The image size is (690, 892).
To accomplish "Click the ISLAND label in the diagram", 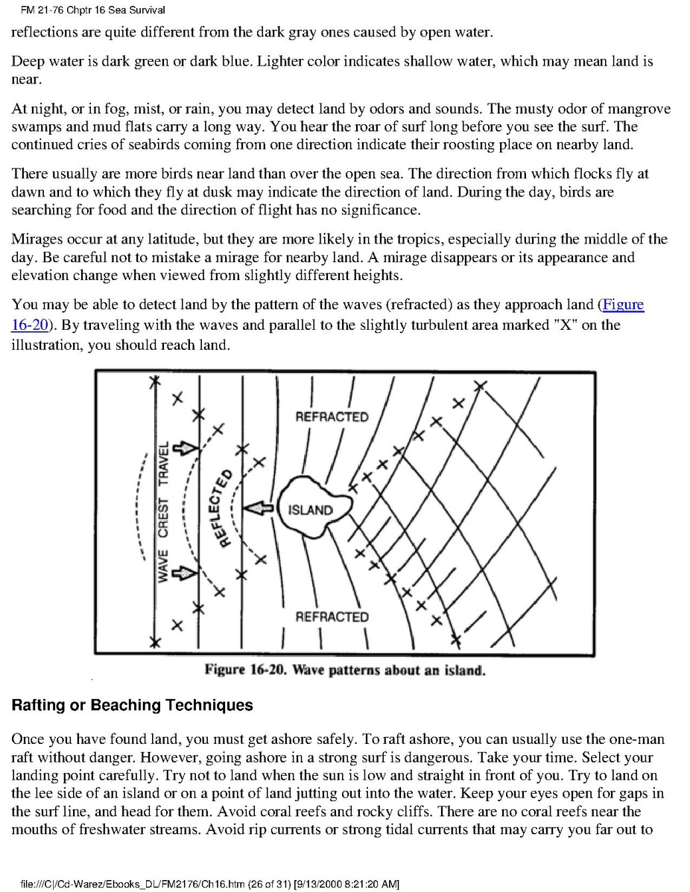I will point(310,510).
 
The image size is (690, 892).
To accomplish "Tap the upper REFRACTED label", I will point(332,417).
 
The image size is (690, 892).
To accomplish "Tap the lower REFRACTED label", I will point(332,617).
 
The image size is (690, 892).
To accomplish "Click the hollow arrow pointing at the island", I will point(259,508).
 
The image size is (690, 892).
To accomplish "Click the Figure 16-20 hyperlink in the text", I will point(623,305).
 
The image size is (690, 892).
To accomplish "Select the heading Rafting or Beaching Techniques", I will point(133,705).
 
